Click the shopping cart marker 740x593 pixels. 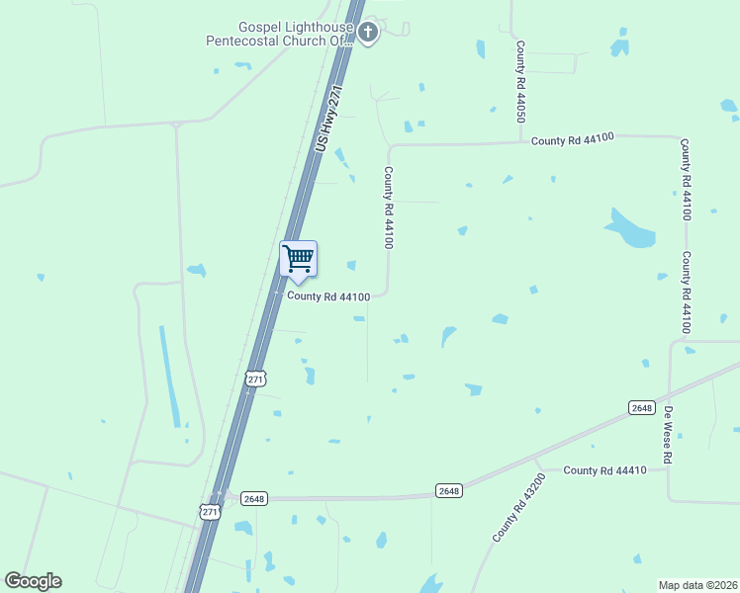click(298, 260)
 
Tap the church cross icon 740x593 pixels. click(368, 34)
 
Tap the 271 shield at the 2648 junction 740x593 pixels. click(209, 511)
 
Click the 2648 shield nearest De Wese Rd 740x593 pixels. click(641, 407)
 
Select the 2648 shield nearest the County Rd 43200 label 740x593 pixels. click(449, 491)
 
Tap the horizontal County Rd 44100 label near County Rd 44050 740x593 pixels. click(573, 140)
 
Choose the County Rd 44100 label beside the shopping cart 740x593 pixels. click(328, 296)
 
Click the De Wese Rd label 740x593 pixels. click(669, 436)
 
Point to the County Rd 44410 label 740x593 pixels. click(604, 470)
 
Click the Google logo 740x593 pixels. click(33, 581)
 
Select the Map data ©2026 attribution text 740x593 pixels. click(697, 585)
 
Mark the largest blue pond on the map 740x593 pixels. click(629, 229)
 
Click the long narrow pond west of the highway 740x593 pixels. click(170, 375)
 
